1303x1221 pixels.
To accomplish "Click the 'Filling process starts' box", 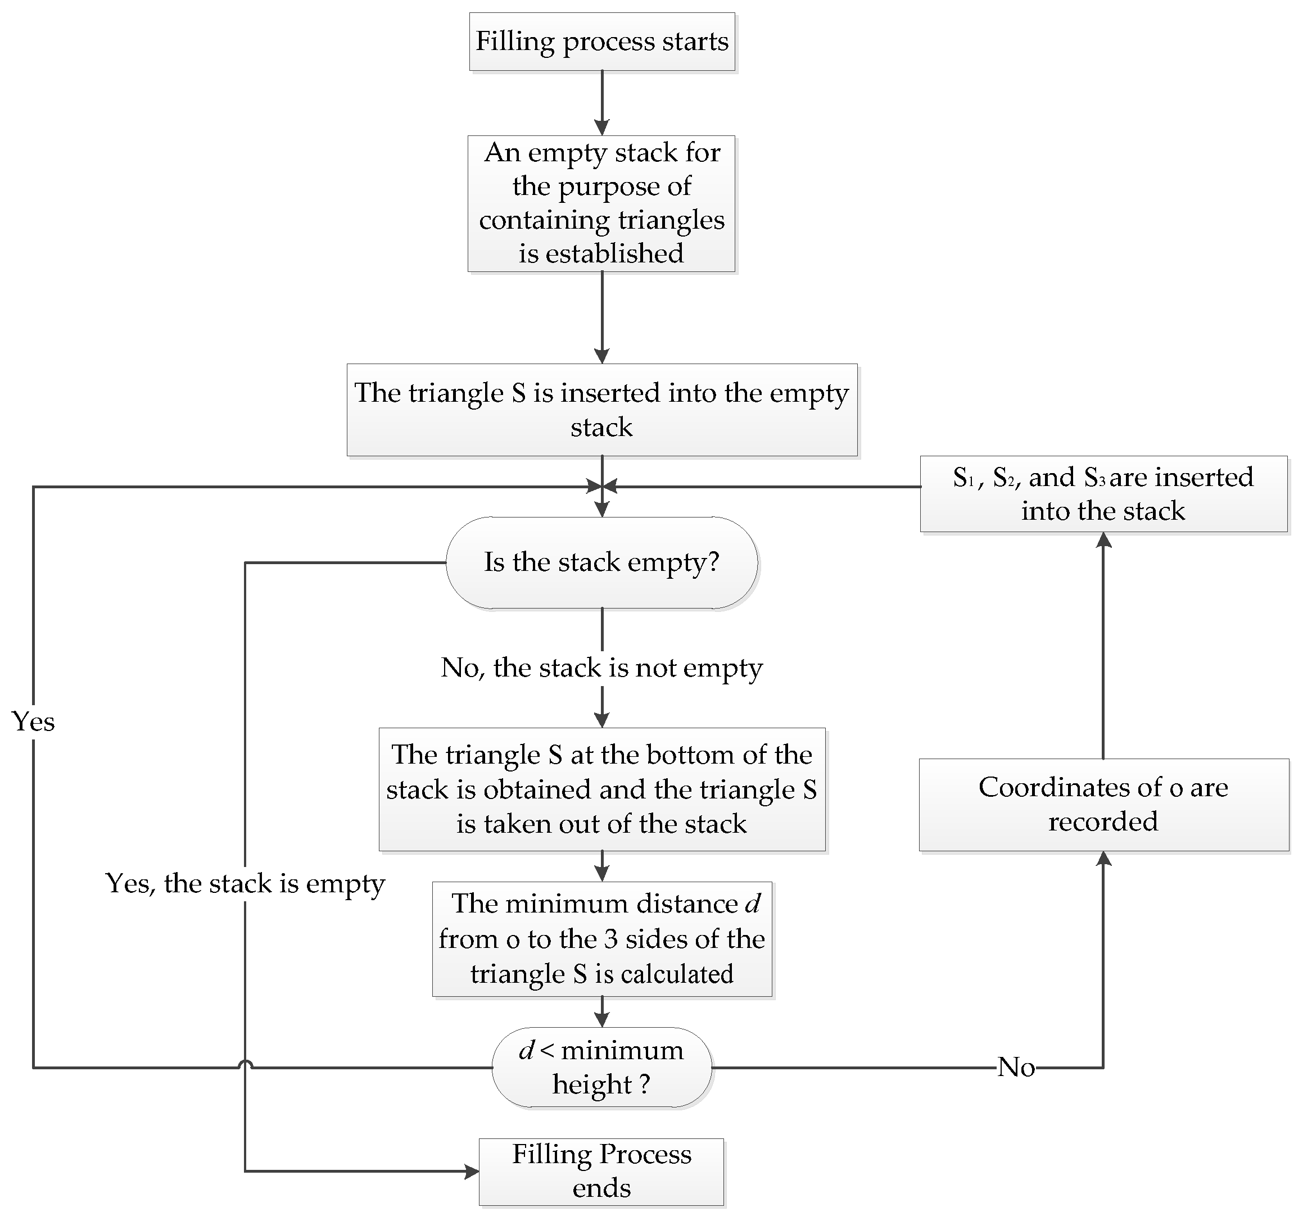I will tap(601, 41).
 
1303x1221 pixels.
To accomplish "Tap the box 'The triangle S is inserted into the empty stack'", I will tap(601, 410).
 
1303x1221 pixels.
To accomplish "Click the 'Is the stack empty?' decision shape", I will tap(601, 562).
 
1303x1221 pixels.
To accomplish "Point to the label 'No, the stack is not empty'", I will tap(601, 668).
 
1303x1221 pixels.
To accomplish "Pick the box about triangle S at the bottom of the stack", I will tap(601, 789).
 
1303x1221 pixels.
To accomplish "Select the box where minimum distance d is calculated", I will tap(601, 939).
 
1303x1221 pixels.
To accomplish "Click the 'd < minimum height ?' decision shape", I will tap(601, 1067).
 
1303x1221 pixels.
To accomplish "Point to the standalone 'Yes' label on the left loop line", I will tap(33, 721).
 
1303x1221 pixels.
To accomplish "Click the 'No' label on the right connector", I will tap(1016, 1068).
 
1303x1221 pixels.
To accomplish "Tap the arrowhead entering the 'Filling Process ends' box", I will tap(472, 1171).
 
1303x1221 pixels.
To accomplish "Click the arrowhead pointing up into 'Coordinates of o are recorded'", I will tap(1104, 859).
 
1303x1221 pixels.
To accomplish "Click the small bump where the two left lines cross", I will tap(245, 1064).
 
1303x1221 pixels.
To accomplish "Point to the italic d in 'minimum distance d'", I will tap(753, 904).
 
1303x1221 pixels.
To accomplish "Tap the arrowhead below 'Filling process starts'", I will tap(601, 127).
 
